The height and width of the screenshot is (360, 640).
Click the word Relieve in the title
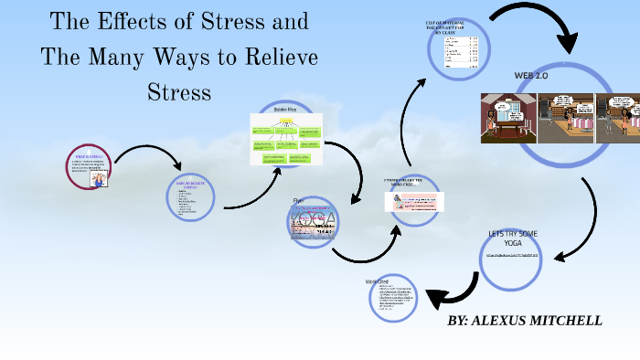click(274, 57)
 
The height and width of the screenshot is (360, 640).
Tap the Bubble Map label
click(286, 109)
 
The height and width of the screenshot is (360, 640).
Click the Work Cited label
click(378, 281)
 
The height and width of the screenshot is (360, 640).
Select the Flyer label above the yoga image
click(297, 199)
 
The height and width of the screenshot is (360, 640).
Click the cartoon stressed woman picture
click(98, 180)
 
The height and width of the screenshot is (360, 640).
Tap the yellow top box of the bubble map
click(285, 120)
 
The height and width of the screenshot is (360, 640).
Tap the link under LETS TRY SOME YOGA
click(518, 256)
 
